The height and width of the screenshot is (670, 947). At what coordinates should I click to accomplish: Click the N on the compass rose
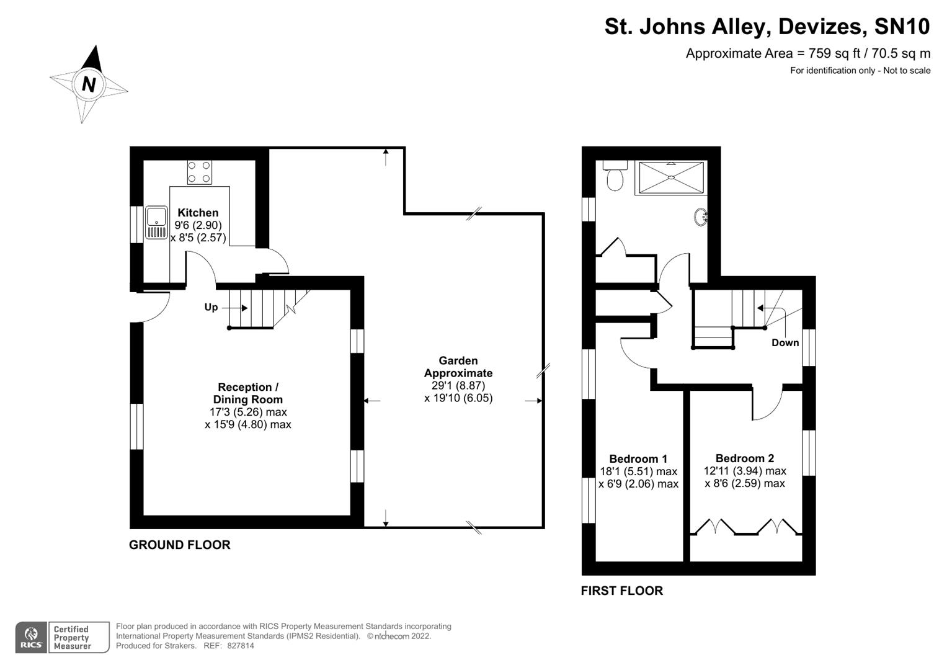coord(89,84)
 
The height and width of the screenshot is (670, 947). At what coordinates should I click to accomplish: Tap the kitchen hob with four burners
coord(199,172)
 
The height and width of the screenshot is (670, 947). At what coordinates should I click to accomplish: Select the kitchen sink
coord(156,223)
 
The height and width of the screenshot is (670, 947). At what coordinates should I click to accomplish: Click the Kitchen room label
coord(198,213)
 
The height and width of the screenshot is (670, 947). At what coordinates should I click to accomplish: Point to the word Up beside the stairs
coord(211,307)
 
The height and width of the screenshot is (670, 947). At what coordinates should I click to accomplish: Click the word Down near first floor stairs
coord(785,342)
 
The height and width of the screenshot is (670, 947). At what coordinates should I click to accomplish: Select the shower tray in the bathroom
coord(670,178)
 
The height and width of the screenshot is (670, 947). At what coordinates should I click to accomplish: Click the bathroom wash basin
coord(701,217)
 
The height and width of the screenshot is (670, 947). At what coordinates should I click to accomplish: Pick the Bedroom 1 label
coord(638,459)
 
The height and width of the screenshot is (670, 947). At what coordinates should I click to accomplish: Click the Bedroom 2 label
coord(744,458)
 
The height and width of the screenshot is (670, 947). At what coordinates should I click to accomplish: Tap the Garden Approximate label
coord(458,367)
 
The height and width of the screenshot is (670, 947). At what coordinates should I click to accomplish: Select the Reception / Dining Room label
coord(247,393)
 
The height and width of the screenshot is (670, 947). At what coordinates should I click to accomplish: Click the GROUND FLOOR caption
coord(179,545)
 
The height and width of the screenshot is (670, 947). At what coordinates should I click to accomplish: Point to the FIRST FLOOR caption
coord(621,591)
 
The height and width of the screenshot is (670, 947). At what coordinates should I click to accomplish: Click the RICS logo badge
coord(31,638)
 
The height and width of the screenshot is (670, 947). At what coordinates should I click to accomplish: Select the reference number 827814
coord(241,646)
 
